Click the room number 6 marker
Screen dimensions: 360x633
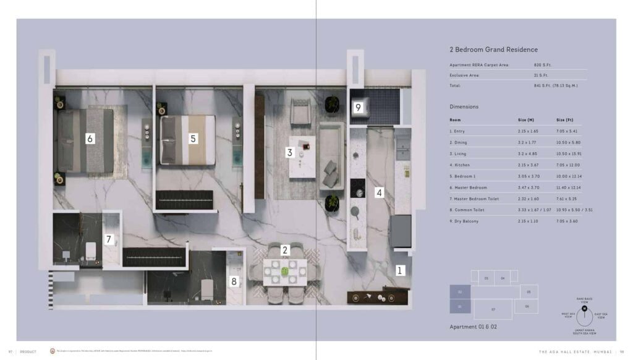click(x=90, y=139)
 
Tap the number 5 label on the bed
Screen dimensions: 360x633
click(x=193, y=139)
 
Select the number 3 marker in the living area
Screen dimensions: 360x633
click(x=289, y=152)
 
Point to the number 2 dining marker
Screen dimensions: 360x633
click(x=285, y=250)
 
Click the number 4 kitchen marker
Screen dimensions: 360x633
click(x=380, y=192)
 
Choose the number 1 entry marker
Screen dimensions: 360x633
click(x=399, y=270)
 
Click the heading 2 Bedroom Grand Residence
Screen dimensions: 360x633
click(x=493, y=49)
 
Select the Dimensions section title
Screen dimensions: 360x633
click(x=464, y=106)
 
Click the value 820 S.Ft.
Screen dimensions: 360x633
click(x=542, y=64)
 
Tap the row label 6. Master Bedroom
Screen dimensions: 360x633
click(x=468, y=187)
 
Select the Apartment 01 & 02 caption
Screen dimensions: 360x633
click(x=473, y=326)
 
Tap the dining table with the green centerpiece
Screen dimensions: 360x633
click(x=285, y=271)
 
